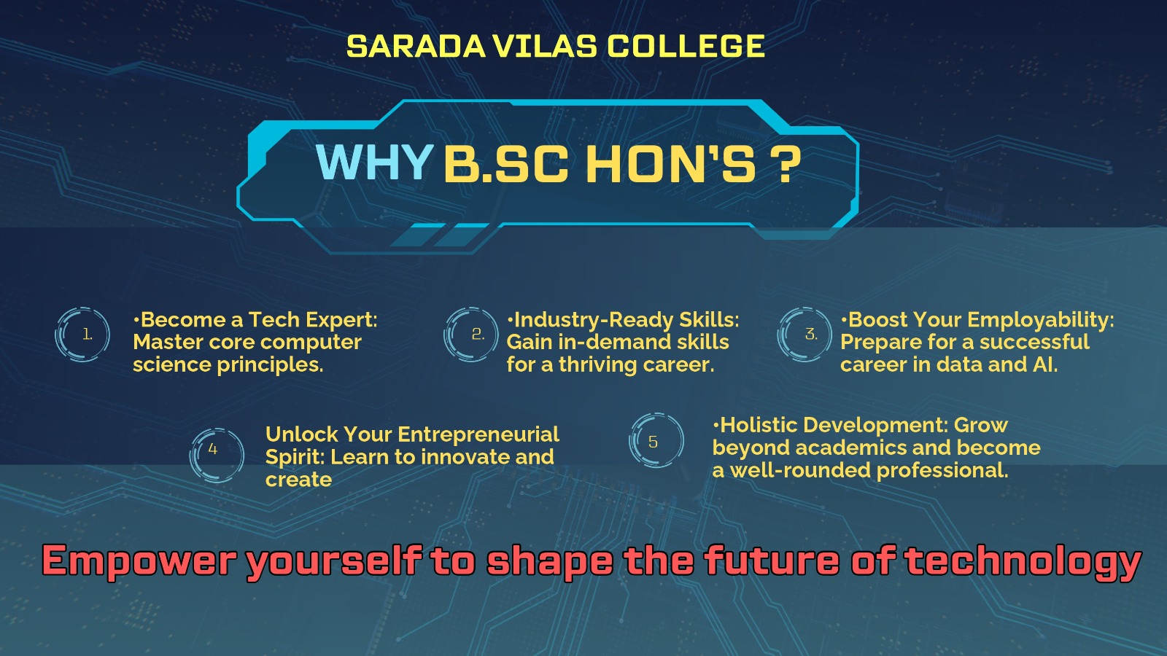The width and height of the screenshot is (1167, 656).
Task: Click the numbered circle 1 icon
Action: [x=82, y=335]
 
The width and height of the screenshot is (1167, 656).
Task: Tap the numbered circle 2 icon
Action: [x=471, y=335]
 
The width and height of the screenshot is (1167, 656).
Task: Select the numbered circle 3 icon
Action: [x=805, y=335]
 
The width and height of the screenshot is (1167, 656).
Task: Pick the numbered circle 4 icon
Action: [x=217, y=455]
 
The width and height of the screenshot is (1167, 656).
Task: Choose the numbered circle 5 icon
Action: [x=656, y=440]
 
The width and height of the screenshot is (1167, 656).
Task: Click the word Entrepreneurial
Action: [x=478, y=434]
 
